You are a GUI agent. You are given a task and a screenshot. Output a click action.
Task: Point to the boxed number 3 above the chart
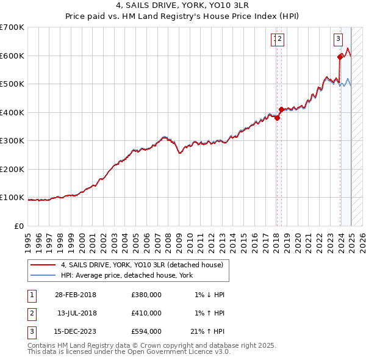click(338, 40)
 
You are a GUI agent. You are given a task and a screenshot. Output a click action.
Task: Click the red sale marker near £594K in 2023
click(340, 58)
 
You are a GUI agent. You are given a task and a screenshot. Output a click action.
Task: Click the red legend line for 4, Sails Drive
click(43, 265)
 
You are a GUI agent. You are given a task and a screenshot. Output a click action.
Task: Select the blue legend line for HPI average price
click(43, 275)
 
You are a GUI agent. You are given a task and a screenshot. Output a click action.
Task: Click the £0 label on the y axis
click(20, 226)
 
